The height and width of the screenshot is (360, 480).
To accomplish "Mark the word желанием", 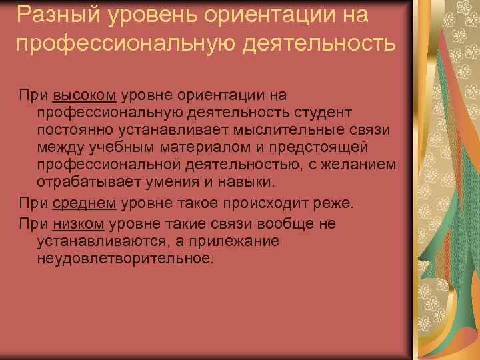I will pyautogui.click(x=364, y=165).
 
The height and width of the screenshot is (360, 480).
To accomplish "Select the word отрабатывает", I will pyautogui.click(x=85, y=182).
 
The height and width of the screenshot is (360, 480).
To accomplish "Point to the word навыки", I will pyautogui.click(x=235, y=182).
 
